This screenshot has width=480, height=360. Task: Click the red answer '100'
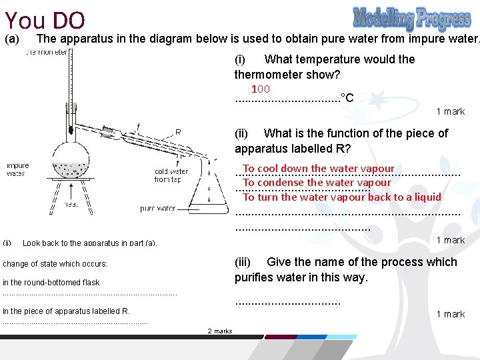(260, 89)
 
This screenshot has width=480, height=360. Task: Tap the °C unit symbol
(347, 98)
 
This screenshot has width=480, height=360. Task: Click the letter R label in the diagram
(178, 131)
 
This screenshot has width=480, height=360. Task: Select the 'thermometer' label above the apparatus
(47, 52)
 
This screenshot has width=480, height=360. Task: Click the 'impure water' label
(17, 169)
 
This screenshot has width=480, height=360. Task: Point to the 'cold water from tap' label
(171, 175)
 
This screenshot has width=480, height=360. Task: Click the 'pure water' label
(157, 209)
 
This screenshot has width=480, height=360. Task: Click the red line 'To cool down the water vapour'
(319, 169)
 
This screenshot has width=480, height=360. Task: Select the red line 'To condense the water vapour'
(317, 183)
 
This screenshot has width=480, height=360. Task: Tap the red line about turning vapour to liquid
(342, 197)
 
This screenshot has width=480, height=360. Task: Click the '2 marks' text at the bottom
(220, 331)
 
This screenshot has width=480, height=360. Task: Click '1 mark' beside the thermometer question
(451, 111)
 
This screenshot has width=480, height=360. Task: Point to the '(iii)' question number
(246, 262)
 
